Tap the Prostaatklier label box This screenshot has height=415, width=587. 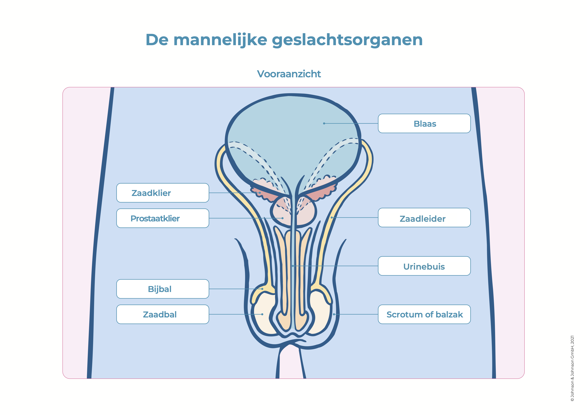(163, 218)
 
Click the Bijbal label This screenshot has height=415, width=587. (163, 289)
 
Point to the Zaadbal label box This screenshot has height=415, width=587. (163, 314)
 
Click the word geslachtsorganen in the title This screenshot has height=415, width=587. (347, 40)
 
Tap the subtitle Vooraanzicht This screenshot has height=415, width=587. (289, 74)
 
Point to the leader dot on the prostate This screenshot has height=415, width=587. (283, 218)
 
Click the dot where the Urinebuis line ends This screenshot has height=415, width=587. (293, 266)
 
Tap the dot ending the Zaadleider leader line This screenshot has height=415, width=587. (332, 218)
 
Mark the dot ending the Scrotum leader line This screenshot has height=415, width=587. (334, 314)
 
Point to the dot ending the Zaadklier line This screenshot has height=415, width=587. (260, 193)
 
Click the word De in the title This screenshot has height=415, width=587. (157, 40)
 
